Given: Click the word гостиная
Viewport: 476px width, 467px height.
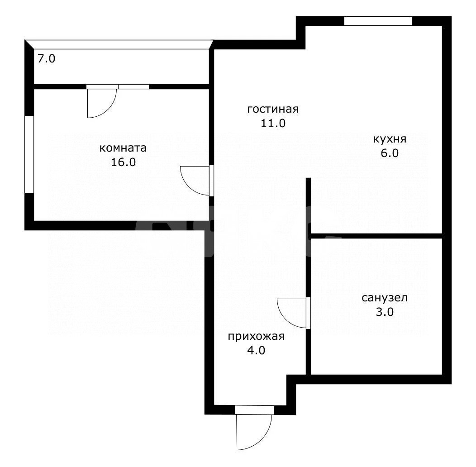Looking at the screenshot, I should coord(272,110).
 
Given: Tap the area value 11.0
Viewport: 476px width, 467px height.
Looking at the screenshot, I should coord(272,123).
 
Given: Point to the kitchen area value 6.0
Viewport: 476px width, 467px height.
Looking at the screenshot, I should coord(389,153).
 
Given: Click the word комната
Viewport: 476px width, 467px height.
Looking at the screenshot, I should coord(123,148).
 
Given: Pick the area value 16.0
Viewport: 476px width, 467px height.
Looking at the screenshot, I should coord(123,162).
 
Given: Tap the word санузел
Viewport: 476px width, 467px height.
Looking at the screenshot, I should coord(385,298).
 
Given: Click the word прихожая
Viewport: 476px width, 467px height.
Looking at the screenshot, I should coord(256,336).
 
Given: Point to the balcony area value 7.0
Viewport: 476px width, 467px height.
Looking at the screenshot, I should coord(46,59).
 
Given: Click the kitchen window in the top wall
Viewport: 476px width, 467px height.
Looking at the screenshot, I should coord(378,21).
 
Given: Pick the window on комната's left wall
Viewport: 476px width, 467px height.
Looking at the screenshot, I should coord(29,154).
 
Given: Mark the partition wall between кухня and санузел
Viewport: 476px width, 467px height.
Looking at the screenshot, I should coord(376,236).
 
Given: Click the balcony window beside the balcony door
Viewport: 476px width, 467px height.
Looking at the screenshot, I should coord(133,86).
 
